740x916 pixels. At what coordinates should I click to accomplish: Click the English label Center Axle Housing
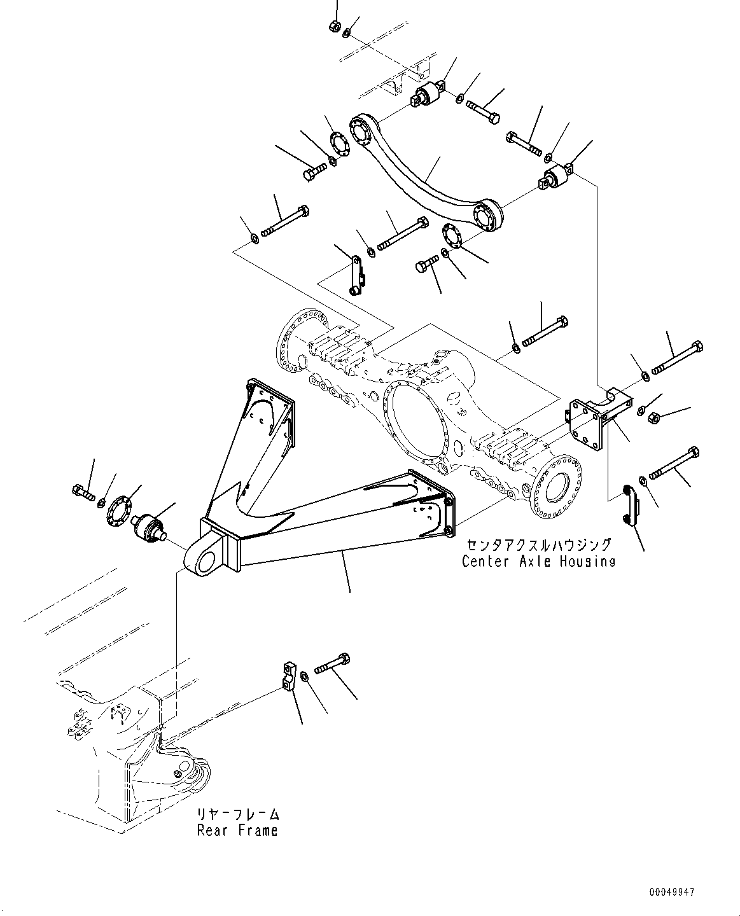[x=538, y=561]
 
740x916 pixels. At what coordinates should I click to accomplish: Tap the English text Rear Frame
[x=237, y=830]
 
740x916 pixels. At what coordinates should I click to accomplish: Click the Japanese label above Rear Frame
[x=237, y=814]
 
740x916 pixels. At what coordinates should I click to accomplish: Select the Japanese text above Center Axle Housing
[x=538, y=545]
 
